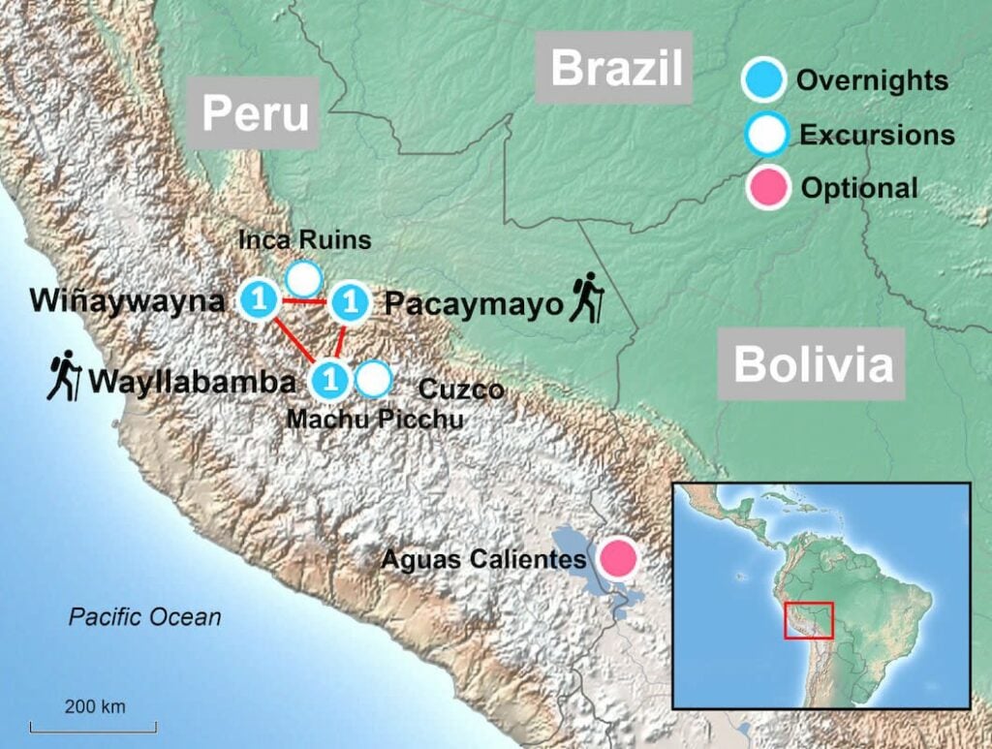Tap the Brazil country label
pyautogui.click(x=617, y=68)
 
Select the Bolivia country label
pyautogui.click(x=813, y=364)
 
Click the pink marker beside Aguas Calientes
pyautogui.click(x=617, y=559)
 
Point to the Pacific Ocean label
pyautogui.click(x=144, y=616)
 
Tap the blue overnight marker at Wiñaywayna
pyautogui.click(x=259, y=300)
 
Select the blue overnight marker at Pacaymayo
pyautogui.click(x=349, y=303)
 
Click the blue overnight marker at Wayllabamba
pyautogui.click(x=330, y=379)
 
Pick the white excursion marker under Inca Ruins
pyautogui.click(x=304, y=279)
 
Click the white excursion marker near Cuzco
pyautogui.click(x=372, y=379)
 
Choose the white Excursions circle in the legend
pyautogui.click(x=766, y=135)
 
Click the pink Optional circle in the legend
pyautogui.click(x=766, y=187)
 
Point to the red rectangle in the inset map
pyautogui.click(x=809, y=620)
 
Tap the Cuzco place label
pyautogui.click(x=461, y=390)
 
